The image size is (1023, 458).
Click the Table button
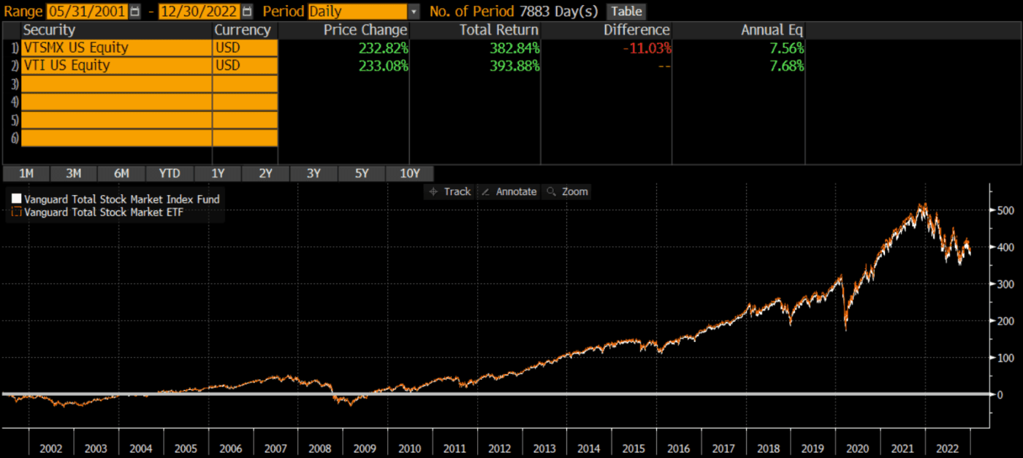click(x=626, y=12)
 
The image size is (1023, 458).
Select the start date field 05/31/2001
click(x=87, y=12)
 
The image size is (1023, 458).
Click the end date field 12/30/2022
click(x=199, y=12)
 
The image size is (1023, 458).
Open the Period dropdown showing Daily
click(x=364, y=12)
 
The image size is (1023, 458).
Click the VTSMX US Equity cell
click(x=75, y=47)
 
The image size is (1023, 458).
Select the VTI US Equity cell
click(x=66, y=65)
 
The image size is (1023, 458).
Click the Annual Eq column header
click(x=772, y=30)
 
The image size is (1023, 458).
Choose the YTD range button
click(x=170, y=173)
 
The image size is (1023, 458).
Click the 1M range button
click(x=26, y=173)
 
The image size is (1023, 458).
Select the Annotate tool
click(x=509, y=191)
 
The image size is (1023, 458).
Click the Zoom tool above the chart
click(x=568, y=191)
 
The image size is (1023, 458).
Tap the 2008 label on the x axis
click(x=319, y=447)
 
